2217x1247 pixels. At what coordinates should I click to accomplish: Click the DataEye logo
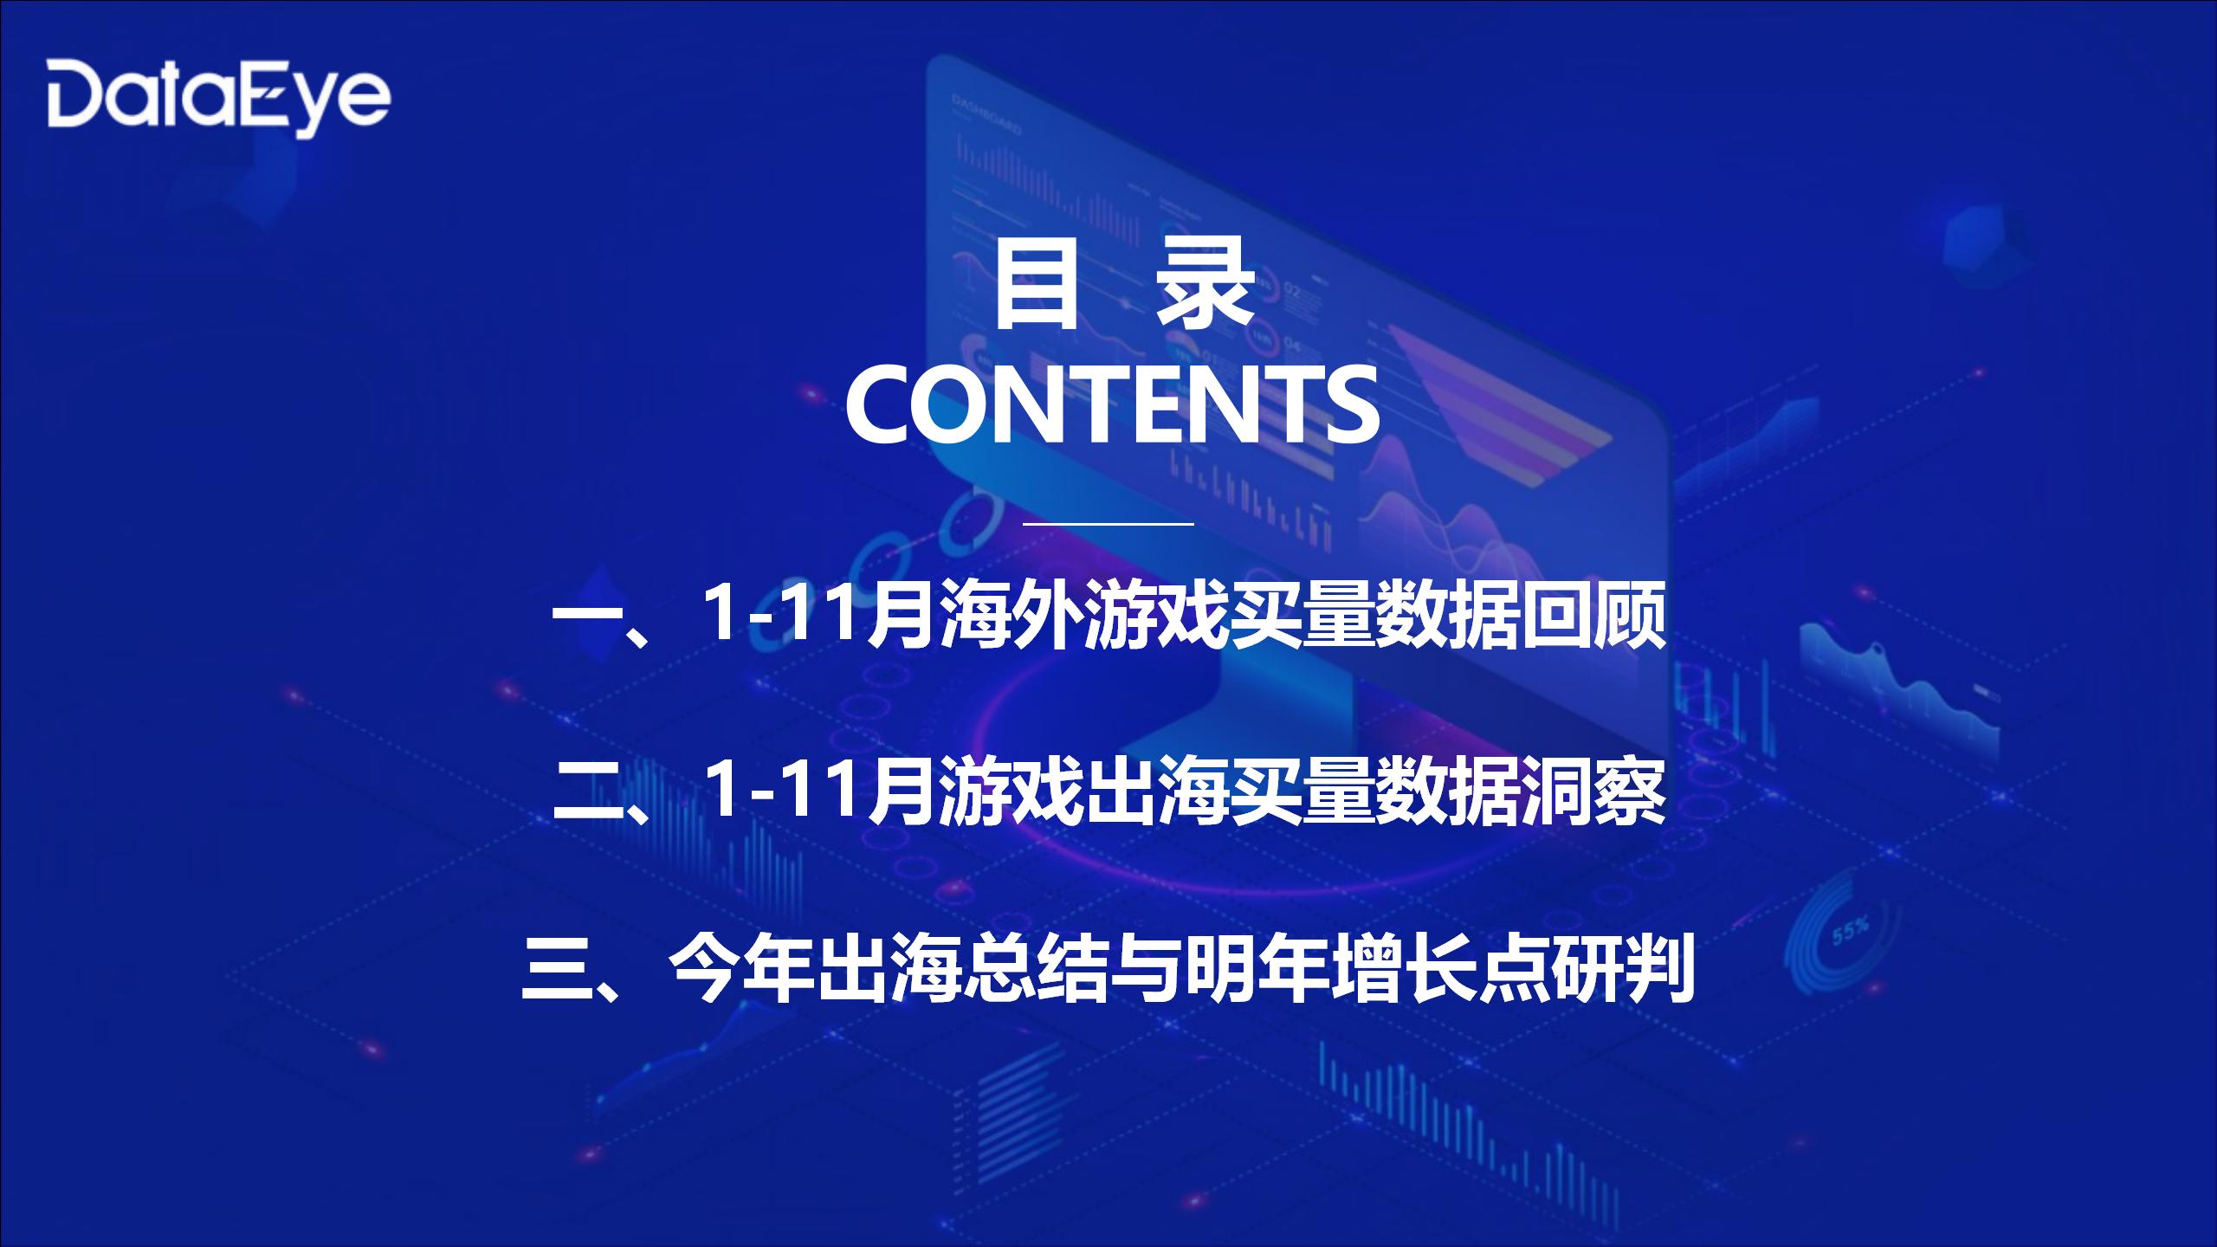click(218, 98)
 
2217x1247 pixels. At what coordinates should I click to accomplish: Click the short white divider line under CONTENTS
click(1108, 524)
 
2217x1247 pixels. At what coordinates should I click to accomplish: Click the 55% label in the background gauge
click(1850, 931)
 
